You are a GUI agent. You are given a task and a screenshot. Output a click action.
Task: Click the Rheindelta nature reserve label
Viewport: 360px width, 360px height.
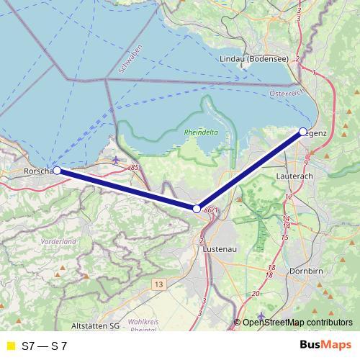coord(200,133)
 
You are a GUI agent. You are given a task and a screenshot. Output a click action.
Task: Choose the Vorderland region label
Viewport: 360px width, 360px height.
coord(58,241)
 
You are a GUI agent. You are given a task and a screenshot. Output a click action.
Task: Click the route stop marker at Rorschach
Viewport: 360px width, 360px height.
coord(57,171)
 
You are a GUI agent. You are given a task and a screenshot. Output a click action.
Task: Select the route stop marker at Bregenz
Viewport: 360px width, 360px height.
coord(303,132)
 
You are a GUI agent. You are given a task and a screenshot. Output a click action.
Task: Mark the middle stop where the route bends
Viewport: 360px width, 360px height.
coord(197,209)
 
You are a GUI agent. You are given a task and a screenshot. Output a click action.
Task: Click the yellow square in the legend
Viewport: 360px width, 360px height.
coord(9,346)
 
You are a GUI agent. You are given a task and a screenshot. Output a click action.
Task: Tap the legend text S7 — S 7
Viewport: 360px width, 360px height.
coord(50,346)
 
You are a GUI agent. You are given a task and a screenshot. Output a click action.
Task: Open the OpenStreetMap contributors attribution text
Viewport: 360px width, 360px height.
coord(297,323)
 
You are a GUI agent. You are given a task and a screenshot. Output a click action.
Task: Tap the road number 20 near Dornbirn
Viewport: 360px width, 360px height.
coord(255,294)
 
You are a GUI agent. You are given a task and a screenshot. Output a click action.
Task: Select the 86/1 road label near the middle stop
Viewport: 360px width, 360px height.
coord(210,210)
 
